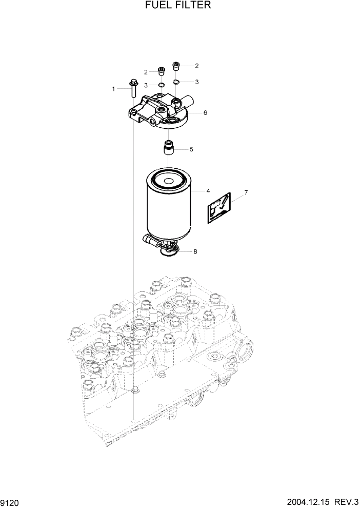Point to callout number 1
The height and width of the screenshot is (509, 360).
tap(113, 89)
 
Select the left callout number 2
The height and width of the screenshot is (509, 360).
tap(146, 72)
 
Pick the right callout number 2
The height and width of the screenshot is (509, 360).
tap(196, 66)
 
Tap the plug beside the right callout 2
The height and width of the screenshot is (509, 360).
tap(176, 66)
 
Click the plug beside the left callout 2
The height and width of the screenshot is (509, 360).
tap(161, 71)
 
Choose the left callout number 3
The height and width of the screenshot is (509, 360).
tap(146, 85)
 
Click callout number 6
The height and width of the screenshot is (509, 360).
tap(205, 112)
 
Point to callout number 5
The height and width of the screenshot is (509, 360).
tap(191, 150)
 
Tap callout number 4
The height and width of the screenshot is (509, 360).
tap(208, 191)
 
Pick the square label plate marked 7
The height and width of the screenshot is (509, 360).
tap(219, 208)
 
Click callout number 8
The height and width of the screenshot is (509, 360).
tap(195, 251)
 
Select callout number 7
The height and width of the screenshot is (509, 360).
tap(246, 193)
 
